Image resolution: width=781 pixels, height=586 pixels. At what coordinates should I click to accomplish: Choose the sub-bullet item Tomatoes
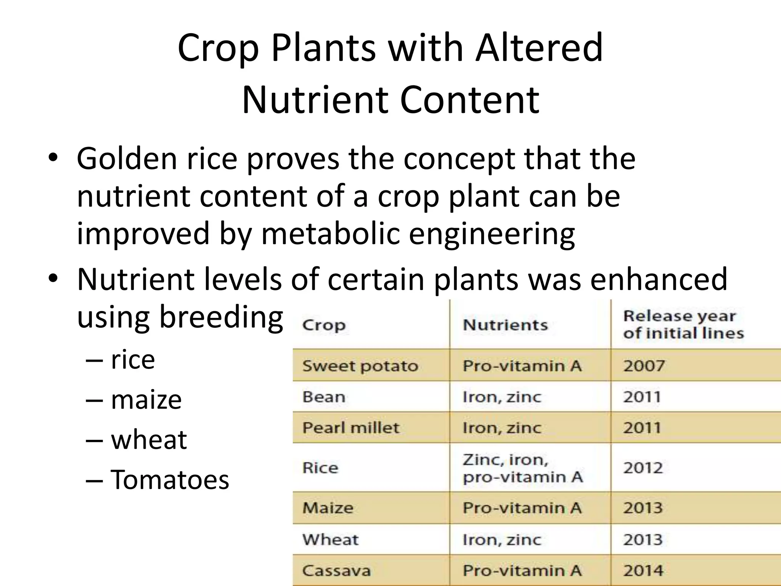[170, 480]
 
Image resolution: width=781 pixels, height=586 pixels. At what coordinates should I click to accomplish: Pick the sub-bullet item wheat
[149, 440]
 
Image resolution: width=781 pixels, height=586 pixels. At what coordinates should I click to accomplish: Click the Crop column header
[324, 325]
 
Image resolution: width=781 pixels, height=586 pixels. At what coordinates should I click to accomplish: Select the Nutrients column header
[505, 325]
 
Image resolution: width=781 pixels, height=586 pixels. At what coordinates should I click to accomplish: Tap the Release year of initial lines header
[683, 325]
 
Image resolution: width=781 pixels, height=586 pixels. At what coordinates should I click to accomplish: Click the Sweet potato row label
[360, 366]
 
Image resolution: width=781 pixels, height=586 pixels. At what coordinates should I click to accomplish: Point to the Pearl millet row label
[350, 428]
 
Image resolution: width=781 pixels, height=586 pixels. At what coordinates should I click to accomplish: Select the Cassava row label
[336, 571]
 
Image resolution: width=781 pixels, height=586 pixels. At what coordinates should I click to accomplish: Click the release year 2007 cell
[644, 366]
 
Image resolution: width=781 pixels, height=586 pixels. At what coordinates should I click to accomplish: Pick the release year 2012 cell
[643, 468]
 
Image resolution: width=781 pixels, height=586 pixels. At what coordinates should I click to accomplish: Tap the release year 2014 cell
[643, 571]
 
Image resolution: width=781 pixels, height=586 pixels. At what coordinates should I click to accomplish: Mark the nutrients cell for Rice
[522, 468]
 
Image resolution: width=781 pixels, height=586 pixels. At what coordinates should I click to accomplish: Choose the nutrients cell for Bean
[502, 397]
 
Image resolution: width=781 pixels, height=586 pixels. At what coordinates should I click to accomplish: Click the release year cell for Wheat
[643, 540]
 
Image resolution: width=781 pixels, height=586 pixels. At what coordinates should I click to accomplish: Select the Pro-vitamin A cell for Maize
[522, 508]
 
